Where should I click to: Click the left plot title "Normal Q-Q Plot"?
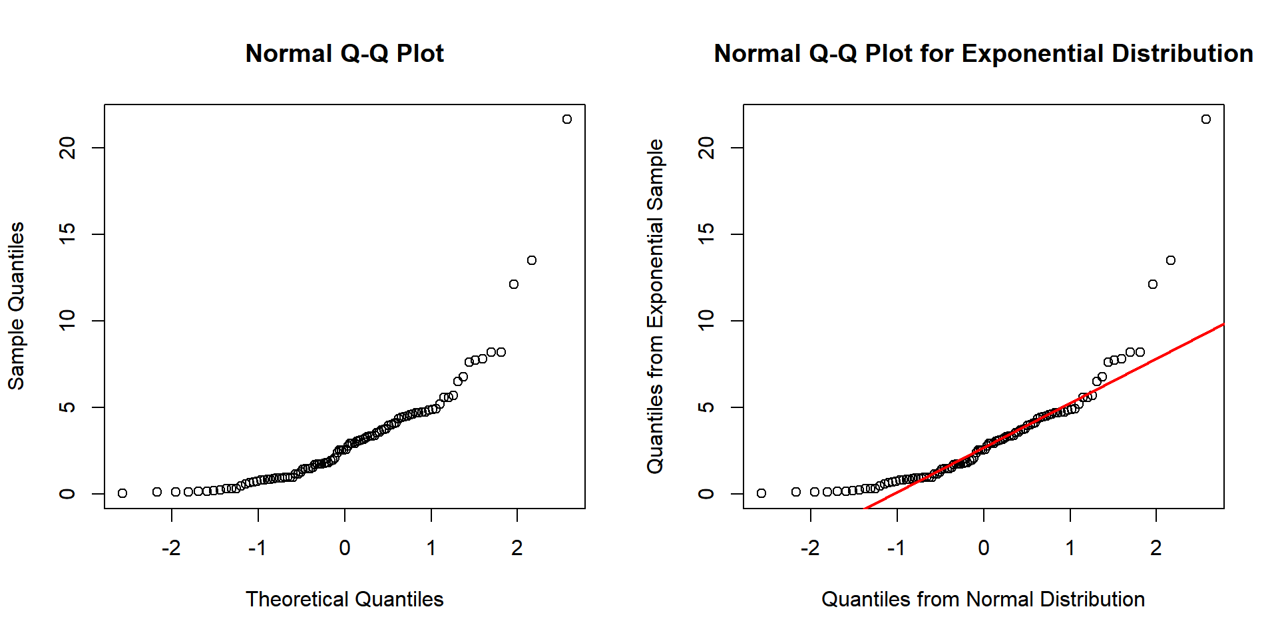(x=344, y=53)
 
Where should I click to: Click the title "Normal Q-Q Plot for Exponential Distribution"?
(x=983, y=53)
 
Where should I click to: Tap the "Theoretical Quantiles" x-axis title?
(x=344, y=599)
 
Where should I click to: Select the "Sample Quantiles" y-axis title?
(x=16, y=306)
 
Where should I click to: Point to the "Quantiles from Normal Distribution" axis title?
(x=983, y=599)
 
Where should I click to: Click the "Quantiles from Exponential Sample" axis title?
(x=655, y=306)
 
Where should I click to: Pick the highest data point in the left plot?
(x=567, y=119)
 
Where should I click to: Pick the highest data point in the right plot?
(x=1206, y=119)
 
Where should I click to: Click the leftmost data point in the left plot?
(x=122, y=493)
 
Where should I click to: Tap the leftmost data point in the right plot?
(x=761, y=493)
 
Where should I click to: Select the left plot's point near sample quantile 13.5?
(x=532, y=260)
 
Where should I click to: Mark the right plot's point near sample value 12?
(x=1153, y=284)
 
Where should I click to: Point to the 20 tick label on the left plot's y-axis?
(x=67, y=148)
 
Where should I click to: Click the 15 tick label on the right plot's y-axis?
(x=706, y=234)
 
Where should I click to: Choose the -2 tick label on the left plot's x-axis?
(x=171, y=548)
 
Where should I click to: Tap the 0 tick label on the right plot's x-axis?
(x=984, y=548)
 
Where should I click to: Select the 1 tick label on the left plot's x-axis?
(x=431, y=548)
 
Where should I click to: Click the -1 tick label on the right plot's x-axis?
(x=896, y=548)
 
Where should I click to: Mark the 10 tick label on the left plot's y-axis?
(x=67, y=321)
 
